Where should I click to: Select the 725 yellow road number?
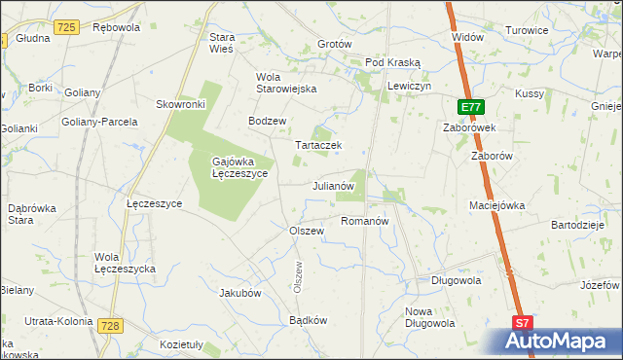pos(66,28)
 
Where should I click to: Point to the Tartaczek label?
pos(318,145)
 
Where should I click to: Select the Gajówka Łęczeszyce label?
pos(240,166)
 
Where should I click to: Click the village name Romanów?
pos(365,222)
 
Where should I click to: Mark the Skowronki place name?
pos(179,103)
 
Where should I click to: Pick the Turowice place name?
pos(527,30)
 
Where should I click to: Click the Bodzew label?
pos(267,121)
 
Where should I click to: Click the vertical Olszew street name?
pos(298,275)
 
